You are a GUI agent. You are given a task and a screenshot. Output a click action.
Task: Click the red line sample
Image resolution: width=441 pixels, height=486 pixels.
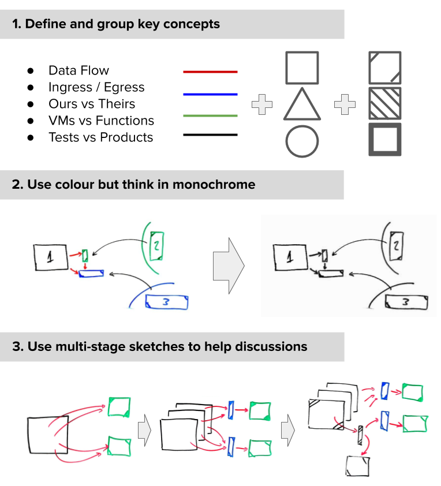pyautogui.click(x=210, y=72)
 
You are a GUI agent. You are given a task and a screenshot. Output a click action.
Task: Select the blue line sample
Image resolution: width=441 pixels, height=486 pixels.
pyautogui.click(x=210, y=94)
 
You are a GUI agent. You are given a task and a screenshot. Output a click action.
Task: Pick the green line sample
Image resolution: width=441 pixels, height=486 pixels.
pyautogui.click(x=210, y=115)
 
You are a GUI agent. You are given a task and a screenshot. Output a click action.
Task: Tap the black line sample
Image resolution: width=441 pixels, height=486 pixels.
pyautogui.click(x=210, y=135)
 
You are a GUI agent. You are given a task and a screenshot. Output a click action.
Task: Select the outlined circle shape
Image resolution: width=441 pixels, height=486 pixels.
pyautogui.click(x=302, y=141)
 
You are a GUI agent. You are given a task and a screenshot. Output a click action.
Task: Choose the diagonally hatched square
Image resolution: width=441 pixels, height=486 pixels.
pyautogui.click(x=385, y=103)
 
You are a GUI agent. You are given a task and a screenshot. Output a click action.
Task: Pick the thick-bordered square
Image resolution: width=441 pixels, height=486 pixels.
pyautogui.click(x=385, y=139)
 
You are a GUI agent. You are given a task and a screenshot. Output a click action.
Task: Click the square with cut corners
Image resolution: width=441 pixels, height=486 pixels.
pyautogui.click(x=385, y=68)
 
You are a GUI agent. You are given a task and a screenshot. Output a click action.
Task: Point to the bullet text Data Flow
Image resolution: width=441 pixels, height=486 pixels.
pyautogui.click(x=79, y=70)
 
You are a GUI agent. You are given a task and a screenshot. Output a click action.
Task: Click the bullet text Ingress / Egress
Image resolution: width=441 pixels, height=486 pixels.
pyautogui.click(x=96, y=87)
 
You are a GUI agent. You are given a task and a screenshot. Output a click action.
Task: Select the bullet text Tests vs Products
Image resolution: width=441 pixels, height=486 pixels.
pyautogui.click(x=100, y=137)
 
